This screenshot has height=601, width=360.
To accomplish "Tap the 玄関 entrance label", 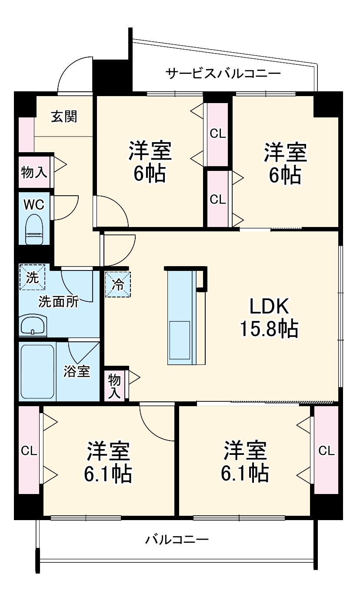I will click(x=64, y=117).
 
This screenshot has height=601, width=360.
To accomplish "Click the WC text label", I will click(x=34, y=204).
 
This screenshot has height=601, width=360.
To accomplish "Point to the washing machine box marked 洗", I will click(x=32, y=277).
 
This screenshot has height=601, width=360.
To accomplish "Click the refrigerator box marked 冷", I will click(x=118, y=284).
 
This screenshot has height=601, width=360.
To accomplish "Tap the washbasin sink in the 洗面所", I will click(x=33, y=325).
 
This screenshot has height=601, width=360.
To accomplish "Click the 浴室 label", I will click(x=77, y=372).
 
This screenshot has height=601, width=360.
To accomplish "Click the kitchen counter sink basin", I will click(x=180, y=340).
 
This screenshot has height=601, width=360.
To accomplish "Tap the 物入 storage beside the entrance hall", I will click(x=34, y=172).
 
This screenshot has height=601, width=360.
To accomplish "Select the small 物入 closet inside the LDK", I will click(x=114, y=385).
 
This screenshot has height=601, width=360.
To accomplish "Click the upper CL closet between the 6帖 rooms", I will click(x=218, y=134).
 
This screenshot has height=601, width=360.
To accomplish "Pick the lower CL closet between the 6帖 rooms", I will click(x=218, y=199).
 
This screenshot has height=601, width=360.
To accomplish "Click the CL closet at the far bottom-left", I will click(x=29, y=451).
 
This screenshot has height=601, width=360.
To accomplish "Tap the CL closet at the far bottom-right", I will click(x=326, y=451).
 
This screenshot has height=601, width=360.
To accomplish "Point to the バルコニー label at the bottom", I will click(x=177, y=540).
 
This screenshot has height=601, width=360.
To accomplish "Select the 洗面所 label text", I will click(x=59, y=301).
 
